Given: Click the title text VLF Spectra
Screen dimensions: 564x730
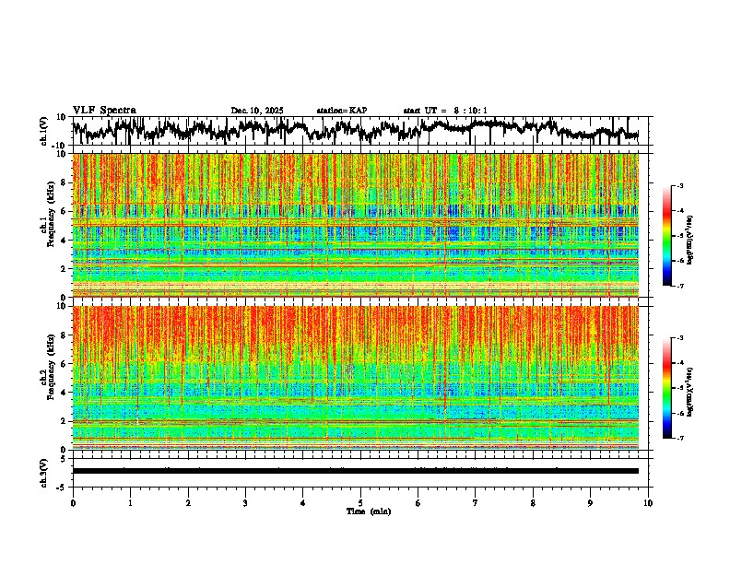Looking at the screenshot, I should [x=104, y=111].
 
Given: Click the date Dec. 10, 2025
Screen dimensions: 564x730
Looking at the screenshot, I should [x=257, y=111].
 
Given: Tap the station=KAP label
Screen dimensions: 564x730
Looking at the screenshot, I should [x=342, y=111].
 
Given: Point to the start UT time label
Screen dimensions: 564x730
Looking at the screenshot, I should [x=445, y=111].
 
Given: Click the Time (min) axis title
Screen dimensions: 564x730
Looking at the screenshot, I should [x=368, y=511].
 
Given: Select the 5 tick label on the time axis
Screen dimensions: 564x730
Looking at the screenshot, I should [x=360, y=503].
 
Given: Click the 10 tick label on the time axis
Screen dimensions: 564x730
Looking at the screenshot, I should [x=648, y=503].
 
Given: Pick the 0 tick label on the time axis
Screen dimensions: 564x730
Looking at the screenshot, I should [x=73, y=503].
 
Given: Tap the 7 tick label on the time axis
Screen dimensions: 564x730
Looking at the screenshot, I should [x=476, y=503].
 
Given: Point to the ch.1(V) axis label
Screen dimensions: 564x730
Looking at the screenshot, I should [x=44, y=131].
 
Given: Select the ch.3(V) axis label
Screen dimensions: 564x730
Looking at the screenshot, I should [x=44, y=471].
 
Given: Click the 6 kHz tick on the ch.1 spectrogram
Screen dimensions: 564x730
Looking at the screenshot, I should [x=65, y=211].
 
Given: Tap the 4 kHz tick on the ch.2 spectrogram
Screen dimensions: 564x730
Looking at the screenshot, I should [x=65, y=393].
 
